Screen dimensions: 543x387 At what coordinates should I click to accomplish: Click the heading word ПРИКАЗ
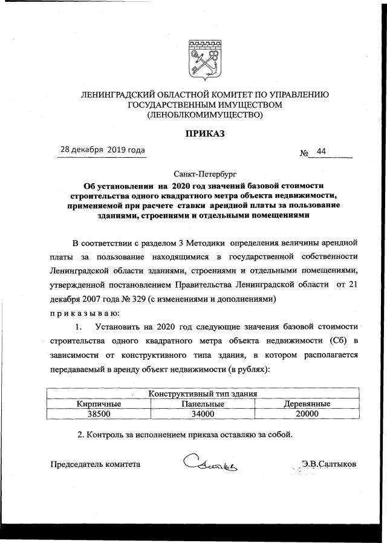[204, 134]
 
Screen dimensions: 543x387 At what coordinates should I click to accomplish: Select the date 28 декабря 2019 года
[102, 150]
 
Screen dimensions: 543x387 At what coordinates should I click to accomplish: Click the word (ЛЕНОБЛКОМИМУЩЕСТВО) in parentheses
[204, 115]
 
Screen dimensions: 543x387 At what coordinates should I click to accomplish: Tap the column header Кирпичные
[99, 404]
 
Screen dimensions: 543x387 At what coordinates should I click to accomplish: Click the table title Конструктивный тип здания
[204, 394]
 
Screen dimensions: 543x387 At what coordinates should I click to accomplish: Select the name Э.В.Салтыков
[329, 464]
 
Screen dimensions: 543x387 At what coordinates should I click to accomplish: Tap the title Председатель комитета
[95, 464]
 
